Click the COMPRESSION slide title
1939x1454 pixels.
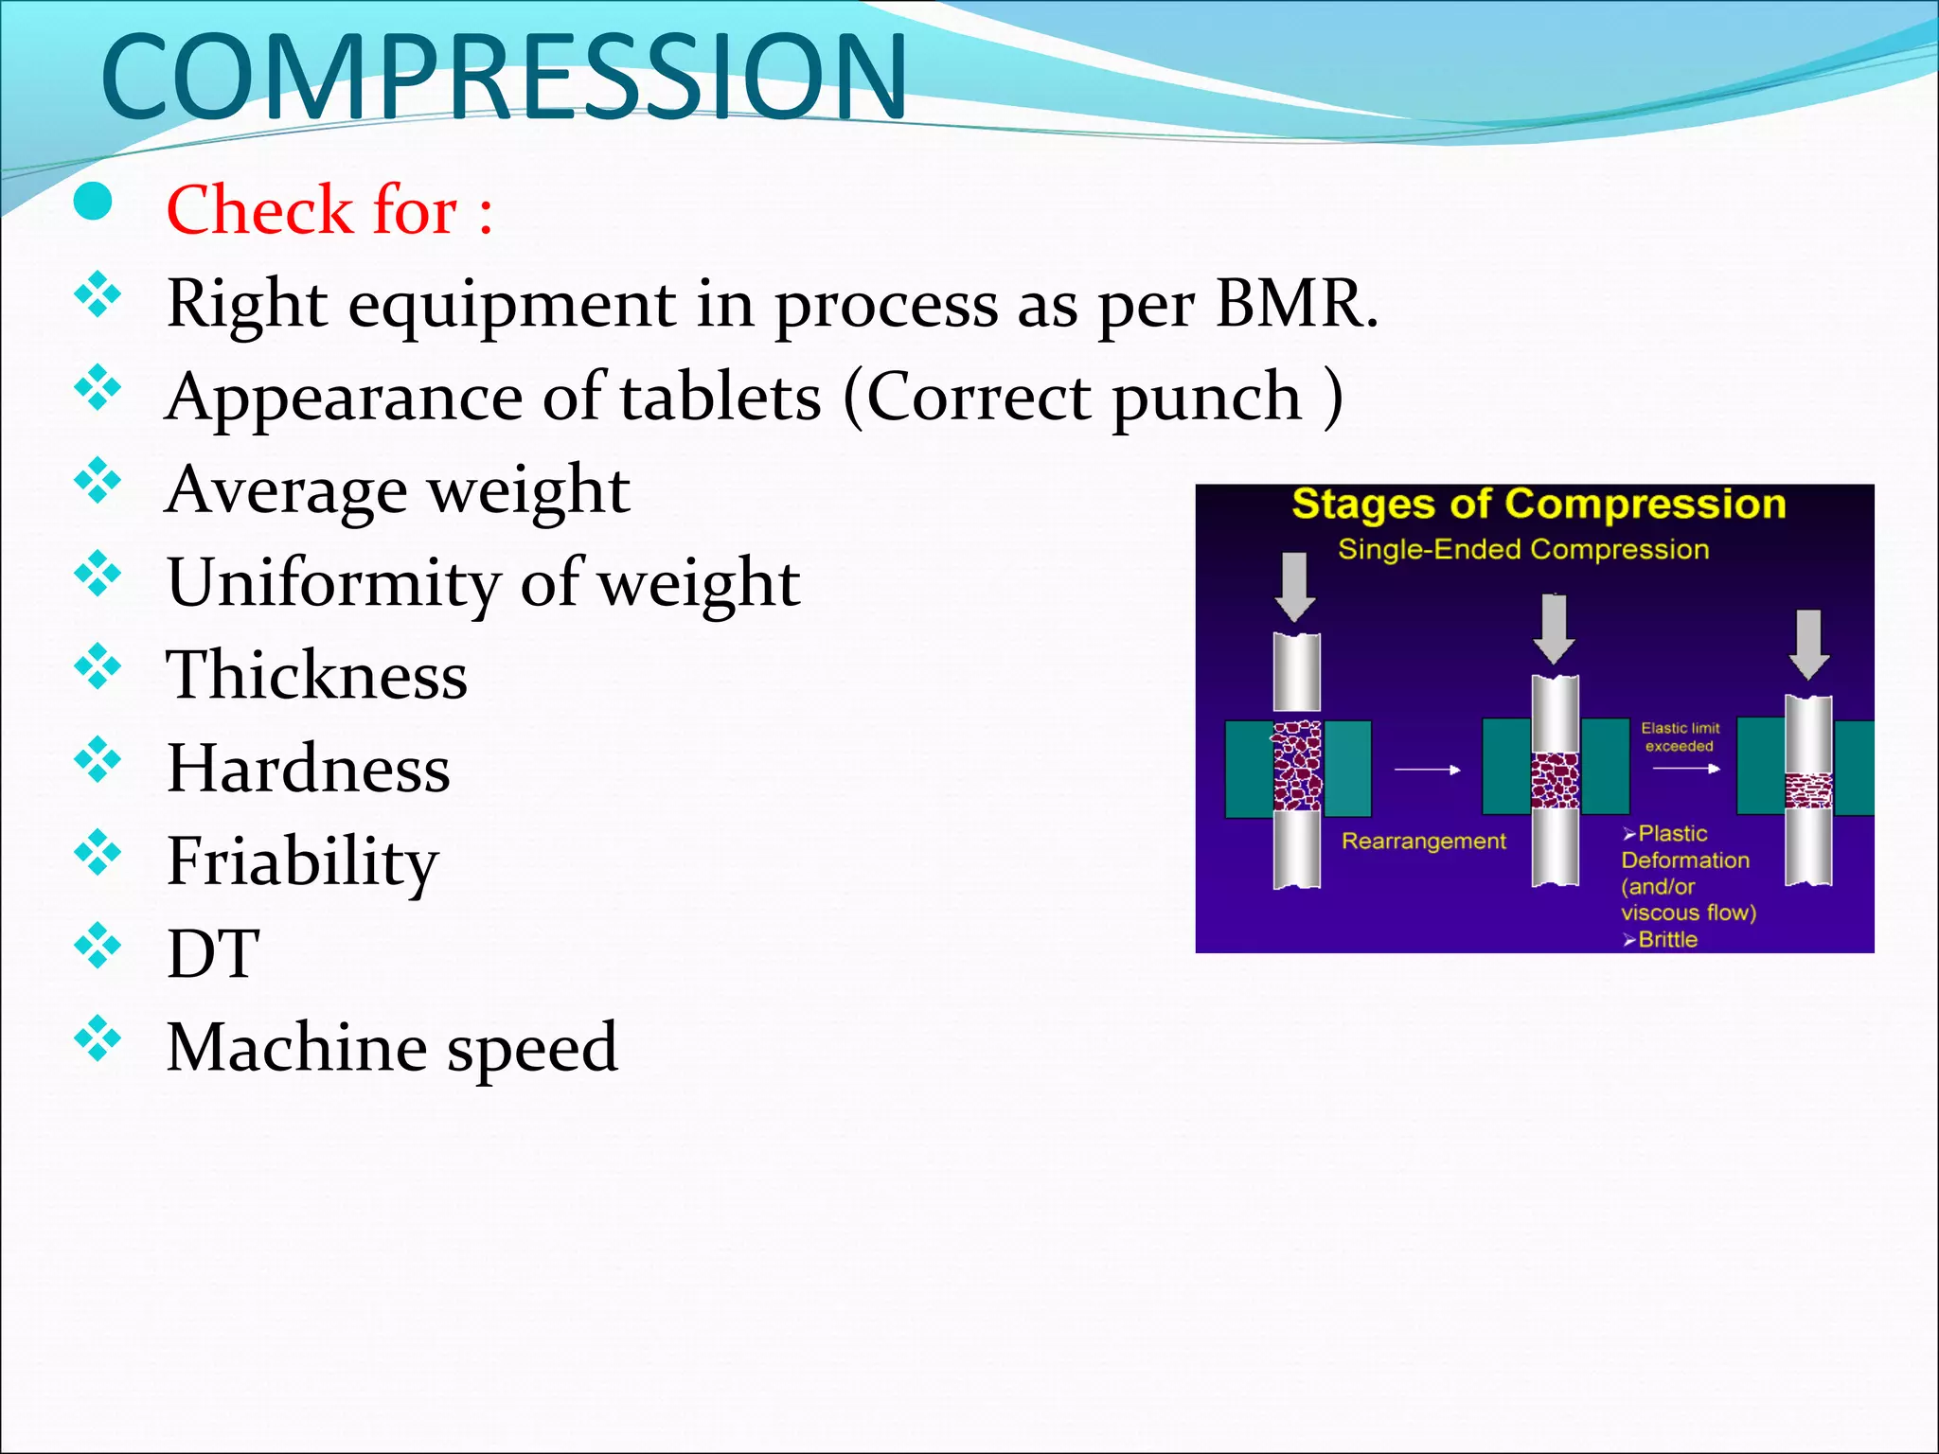pyautogui.click(x=504, y=78)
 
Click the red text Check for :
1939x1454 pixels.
pyautogui.click(x=329, y=209)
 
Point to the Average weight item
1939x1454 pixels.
pyautogui.click(x=397, y=490)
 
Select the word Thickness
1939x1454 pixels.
pyautogui.click(x=316, y=675)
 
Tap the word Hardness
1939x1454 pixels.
pyautogui.click(x=308, y=768)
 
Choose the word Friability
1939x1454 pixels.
pyautogui.click(x=302, y=861)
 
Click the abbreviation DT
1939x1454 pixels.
pyautogui.click(x=212, y=953)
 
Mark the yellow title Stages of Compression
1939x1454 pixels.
pyautogui.click(x=1539, y=505)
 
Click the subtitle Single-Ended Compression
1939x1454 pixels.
pyautogui.click(x=1523, y=549)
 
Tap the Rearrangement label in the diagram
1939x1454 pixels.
pyautogui.click(x=1423, y=841)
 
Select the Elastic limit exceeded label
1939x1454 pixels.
pyautogui.click(x=1680, y=736)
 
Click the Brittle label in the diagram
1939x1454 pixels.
pyautogui.click(x=1666, y=939)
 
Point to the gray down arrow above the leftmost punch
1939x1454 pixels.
pyautogui.click(x=1294, y=587)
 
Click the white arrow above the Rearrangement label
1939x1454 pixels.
pyautogui.click(x=1427, y=770)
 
